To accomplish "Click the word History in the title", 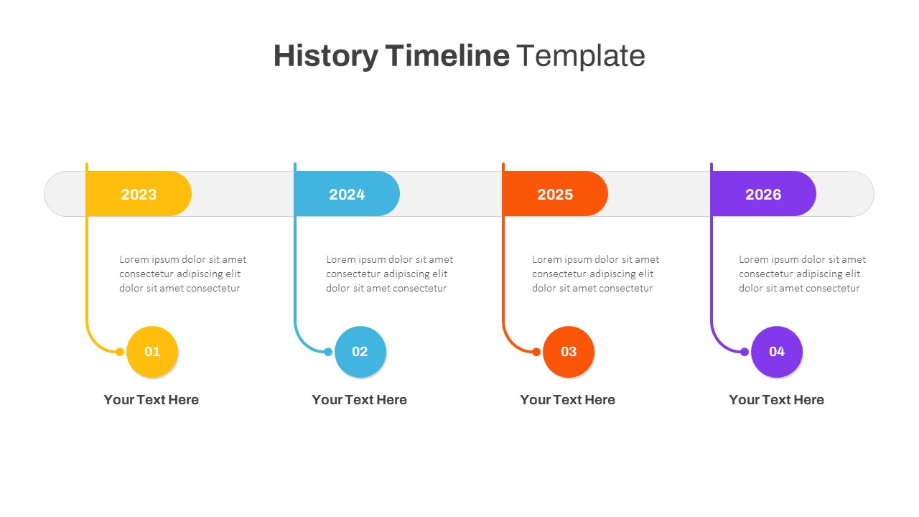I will (x=325, y=56).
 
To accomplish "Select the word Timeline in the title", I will (x=447, y=56).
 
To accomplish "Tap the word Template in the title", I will (x=580, y=56).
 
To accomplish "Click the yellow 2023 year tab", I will (x=139, y=194).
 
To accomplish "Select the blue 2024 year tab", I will (x=347, y=194).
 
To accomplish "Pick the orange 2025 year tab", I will (x=555, y=194).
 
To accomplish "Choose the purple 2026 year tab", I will (x=763, y=194).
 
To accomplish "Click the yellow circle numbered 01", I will (x=152, y=352).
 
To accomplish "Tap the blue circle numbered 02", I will (x=360, y=352).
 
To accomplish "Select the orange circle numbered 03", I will (x=569, y=352).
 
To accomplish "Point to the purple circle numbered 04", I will (x=777, y=352).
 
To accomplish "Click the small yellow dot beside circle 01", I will (x=120, y=352).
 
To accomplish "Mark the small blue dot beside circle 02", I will (x=328, y=352).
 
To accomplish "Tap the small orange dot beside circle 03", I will (x=536, y=352).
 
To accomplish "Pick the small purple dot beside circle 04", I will (x=745, y=352).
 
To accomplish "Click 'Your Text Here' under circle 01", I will (x=151, y=400).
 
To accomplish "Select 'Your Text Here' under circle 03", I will (x=567, y=400).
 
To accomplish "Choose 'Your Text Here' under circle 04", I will (x=776, y=400).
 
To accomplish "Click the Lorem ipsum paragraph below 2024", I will (x=389, y=274).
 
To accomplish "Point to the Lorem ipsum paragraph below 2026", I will (x=802, y=274).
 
